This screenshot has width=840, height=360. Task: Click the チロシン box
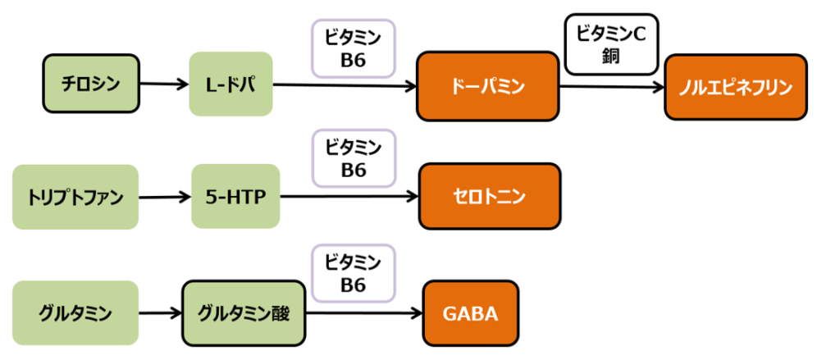point(91,84)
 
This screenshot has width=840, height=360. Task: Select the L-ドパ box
point(230,84)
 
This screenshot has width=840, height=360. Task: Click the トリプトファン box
point(75,197)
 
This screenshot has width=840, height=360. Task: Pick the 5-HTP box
point(235,197)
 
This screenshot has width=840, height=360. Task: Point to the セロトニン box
point(489,197)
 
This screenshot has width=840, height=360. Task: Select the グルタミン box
point(75,312)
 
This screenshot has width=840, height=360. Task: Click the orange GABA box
point(471,312)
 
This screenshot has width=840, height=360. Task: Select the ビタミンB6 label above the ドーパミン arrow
point(353,48)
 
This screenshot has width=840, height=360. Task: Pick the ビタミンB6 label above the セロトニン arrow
point(353,159)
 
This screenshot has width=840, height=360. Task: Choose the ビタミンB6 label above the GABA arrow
point(353,274)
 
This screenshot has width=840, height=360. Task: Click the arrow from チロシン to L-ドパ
point(164,84)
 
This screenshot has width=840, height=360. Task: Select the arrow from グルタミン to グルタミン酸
point(159,312)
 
